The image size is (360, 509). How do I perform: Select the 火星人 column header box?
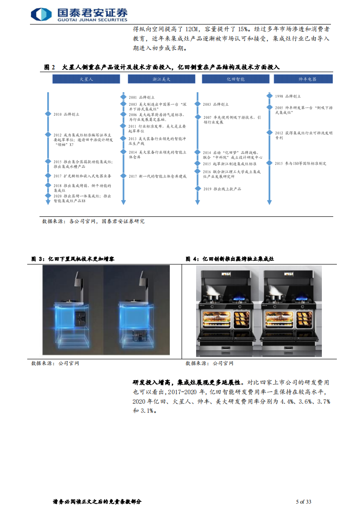(x=86, y=79)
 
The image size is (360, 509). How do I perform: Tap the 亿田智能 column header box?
(x=236, y=79)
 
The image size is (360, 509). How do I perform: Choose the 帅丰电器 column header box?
(x=303, y=79)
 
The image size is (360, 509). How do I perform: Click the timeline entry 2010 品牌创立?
(x=66, y=115)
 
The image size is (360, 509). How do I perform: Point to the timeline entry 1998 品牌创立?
(x=287, y=96)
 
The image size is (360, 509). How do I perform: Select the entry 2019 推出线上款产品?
(x=222, y=188)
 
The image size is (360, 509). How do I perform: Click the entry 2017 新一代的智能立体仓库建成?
(x=158, y=176)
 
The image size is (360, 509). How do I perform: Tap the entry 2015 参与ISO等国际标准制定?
(x=300, y=163)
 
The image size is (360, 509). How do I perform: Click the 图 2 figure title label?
(x=49, y=67)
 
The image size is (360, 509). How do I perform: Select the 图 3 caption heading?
(x=73, y=259)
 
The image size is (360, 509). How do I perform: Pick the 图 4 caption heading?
(x=230, y=259)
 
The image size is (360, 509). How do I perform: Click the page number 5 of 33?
(x=303, y=501)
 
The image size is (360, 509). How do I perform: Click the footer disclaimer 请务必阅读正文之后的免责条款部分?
(x=97, y=501)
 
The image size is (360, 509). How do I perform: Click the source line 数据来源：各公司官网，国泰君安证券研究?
(x=93, y=221)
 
